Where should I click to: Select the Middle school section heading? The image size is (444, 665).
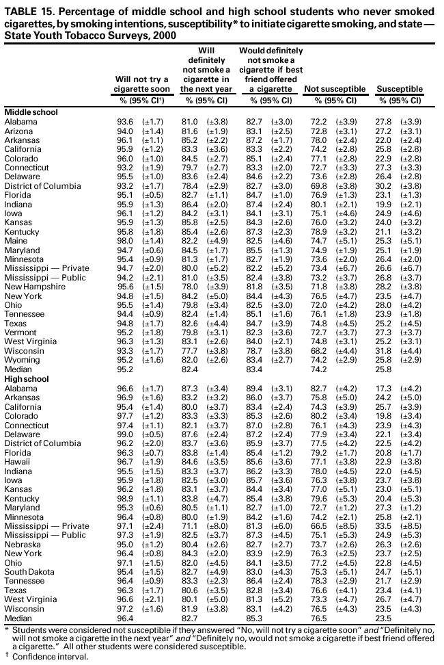(x=31, y=111)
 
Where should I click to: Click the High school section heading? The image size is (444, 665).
(x=27, y=379)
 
